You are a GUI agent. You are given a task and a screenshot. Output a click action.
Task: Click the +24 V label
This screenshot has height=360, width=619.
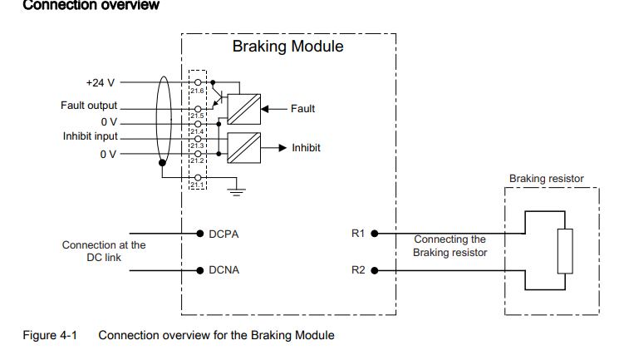(101, 83)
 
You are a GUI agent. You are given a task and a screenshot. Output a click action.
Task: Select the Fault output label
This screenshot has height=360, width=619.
(89, 106)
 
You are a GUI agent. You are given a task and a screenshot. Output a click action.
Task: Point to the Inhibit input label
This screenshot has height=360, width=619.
(91, 136)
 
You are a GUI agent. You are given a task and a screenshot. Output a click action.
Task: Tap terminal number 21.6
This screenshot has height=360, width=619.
(198, 90)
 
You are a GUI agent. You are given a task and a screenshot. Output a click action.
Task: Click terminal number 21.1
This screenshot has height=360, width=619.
(198, 185)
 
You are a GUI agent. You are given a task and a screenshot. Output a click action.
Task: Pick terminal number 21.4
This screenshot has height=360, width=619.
(198, 131)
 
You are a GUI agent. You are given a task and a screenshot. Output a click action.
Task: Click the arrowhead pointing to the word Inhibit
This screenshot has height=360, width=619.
(282, 148)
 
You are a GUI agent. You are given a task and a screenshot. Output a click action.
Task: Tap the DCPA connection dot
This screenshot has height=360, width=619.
(199, 234)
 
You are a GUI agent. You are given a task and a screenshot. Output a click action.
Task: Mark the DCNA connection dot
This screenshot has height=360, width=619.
(199, 270)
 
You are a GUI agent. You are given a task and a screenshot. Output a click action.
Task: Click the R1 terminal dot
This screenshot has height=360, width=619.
(374, 234)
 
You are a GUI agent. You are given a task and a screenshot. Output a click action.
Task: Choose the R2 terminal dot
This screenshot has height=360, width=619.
(374, 270)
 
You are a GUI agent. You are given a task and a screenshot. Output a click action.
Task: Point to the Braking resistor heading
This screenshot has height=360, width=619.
(546, 178)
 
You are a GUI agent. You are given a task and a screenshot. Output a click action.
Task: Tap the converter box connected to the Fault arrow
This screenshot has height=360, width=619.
(243, 108)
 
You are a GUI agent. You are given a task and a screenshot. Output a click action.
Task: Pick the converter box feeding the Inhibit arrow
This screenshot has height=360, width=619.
(243, 148)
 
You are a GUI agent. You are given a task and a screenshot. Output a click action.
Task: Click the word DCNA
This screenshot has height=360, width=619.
(224, 270)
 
